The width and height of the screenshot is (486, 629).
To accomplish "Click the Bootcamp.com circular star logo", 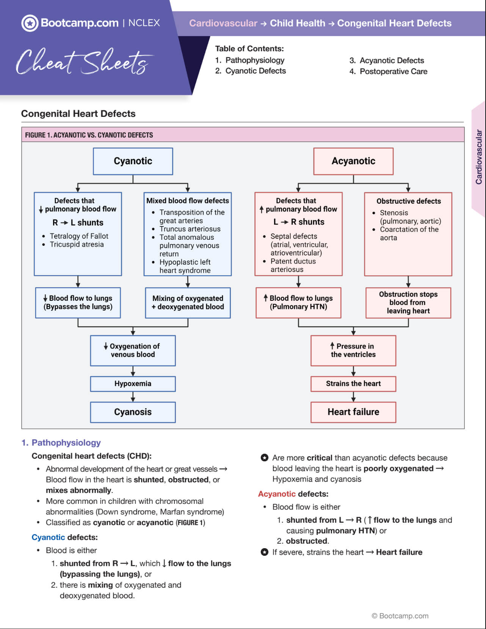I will tap(30, 23).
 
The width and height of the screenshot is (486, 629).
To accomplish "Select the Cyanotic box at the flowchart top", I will tap(133, 161).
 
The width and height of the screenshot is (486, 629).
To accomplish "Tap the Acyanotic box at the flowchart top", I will tap(353, 161).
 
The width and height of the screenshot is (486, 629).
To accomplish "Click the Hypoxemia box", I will tap(133, 384).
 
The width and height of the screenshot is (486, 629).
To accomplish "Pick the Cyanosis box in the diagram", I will tap(133, 412).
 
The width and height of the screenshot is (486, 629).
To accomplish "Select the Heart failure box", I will tap(353, 412).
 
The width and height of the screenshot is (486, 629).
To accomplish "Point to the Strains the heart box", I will tap(353, 384).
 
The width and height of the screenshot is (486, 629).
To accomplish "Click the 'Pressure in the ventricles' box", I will tap(353, 350).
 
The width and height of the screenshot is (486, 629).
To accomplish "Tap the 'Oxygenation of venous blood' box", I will tap(133, 350).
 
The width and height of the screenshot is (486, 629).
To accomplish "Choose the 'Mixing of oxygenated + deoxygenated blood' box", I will tap(188, 302).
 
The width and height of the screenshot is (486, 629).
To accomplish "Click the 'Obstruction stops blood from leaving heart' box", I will tap(408, 302).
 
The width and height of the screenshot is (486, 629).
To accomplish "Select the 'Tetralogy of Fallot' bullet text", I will tap(79, 236).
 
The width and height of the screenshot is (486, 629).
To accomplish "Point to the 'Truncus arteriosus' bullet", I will tap(190, 229).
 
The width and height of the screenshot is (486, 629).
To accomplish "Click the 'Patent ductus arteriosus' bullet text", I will tap(293, 265).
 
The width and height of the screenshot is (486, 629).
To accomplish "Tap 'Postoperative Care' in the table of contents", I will tap(393, 71).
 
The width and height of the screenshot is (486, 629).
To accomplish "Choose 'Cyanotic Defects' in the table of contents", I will tap(255, 71).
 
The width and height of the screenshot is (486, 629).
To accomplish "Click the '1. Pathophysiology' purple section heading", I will tap(61, 442).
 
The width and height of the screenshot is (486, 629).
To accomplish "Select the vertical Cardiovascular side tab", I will tap(479, 157).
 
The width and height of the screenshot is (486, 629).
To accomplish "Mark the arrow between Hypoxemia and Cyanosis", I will tap(133, 397).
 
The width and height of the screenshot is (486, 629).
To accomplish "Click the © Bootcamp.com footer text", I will tap(400, 616).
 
